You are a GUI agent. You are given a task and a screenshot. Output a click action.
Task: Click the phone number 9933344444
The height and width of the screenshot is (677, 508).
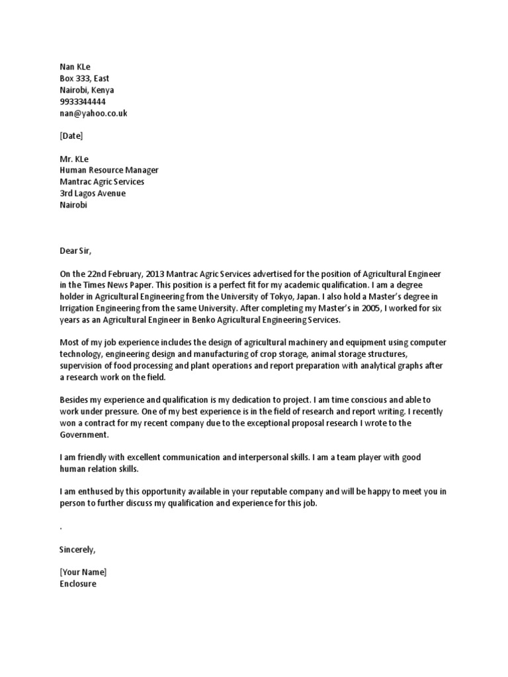point(82,102)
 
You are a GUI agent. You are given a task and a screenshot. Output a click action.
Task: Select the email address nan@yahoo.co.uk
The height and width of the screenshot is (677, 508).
point(93,113)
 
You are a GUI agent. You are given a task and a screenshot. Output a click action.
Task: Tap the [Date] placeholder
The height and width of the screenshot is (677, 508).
point(71,136)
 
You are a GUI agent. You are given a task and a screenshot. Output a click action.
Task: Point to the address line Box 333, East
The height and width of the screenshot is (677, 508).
point(84,79)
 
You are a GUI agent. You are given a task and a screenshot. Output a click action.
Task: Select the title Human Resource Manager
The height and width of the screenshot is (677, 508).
point(108,170)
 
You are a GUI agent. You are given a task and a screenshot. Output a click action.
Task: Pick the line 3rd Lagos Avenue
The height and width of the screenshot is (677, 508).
point(92,193)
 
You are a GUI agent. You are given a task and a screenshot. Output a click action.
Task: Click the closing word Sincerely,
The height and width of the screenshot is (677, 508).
point(77,549)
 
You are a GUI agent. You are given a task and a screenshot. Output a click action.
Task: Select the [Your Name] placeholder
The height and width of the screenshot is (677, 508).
point(83,572)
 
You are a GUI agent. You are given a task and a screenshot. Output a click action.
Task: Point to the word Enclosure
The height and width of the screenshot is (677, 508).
point(77,584)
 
